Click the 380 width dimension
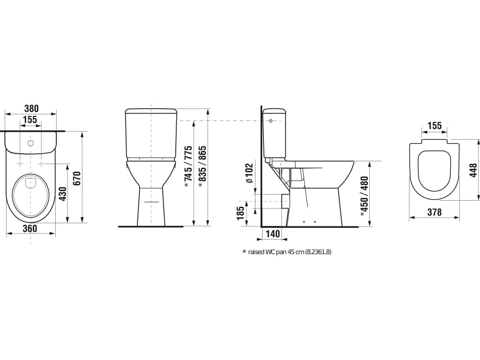point(31,108)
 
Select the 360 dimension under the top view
point(30,228)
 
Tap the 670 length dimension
point(77,178)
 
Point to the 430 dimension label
point(63,194)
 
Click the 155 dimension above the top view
point(30,120)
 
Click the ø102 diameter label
point(250,173)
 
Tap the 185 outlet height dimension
point(240,213)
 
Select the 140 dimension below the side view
point(272,234)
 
